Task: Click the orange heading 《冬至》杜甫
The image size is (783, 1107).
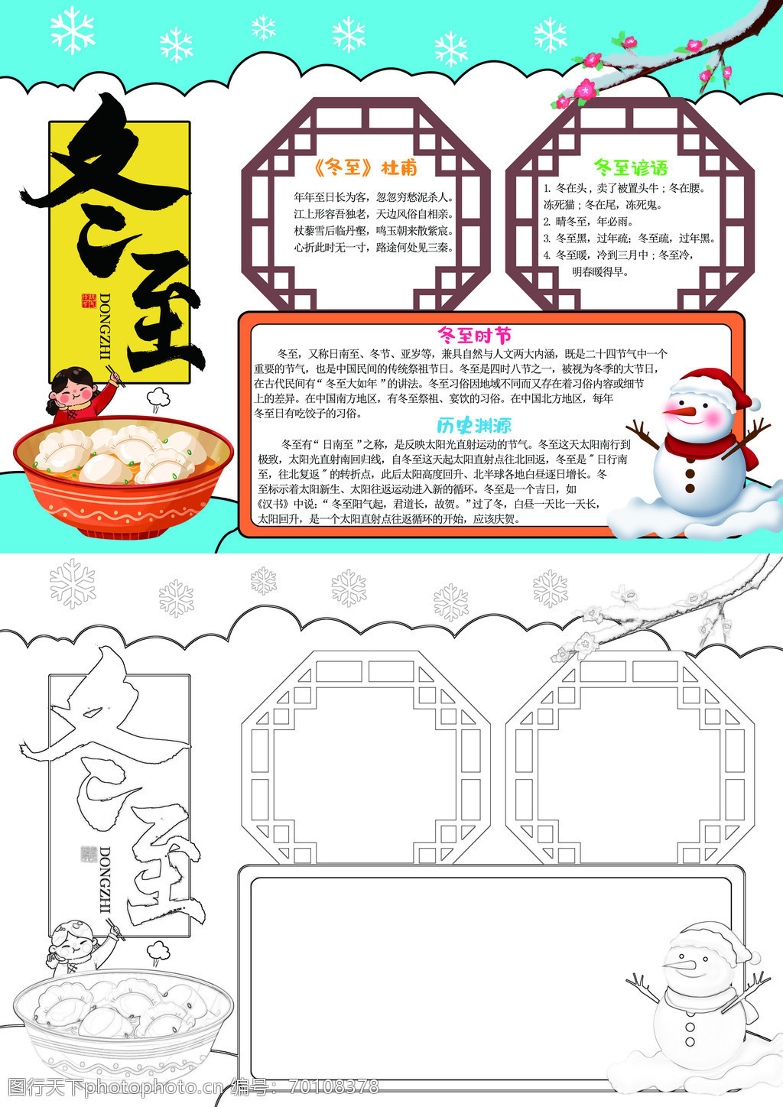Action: tap(366, 168)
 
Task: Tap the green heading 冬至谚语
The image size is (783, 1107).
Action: tap(631, 167)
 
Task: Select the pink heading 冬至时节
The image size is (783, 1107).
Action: tap(475, 336)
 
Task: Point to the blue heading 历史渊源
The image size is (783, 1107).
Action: tap(473, 426)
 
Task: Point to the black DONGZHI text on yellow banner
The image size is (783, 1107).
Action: tap(106, 326)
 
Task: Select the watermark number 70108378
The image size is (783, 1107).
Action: tap(334, 1086)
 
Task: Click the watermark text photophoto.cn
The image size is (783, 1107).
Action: tap(156, 1087)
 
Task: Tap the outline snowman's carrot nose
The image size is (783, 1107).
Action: tap(681, 963)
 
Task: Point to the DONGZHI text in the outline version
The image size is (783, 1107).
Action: tap(106, 879)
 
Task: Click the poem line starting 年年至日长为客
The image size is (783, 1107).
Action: tap(373, 197)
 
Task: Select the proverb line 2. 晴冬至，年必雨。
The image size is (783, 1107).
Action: tap(588, 222)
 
